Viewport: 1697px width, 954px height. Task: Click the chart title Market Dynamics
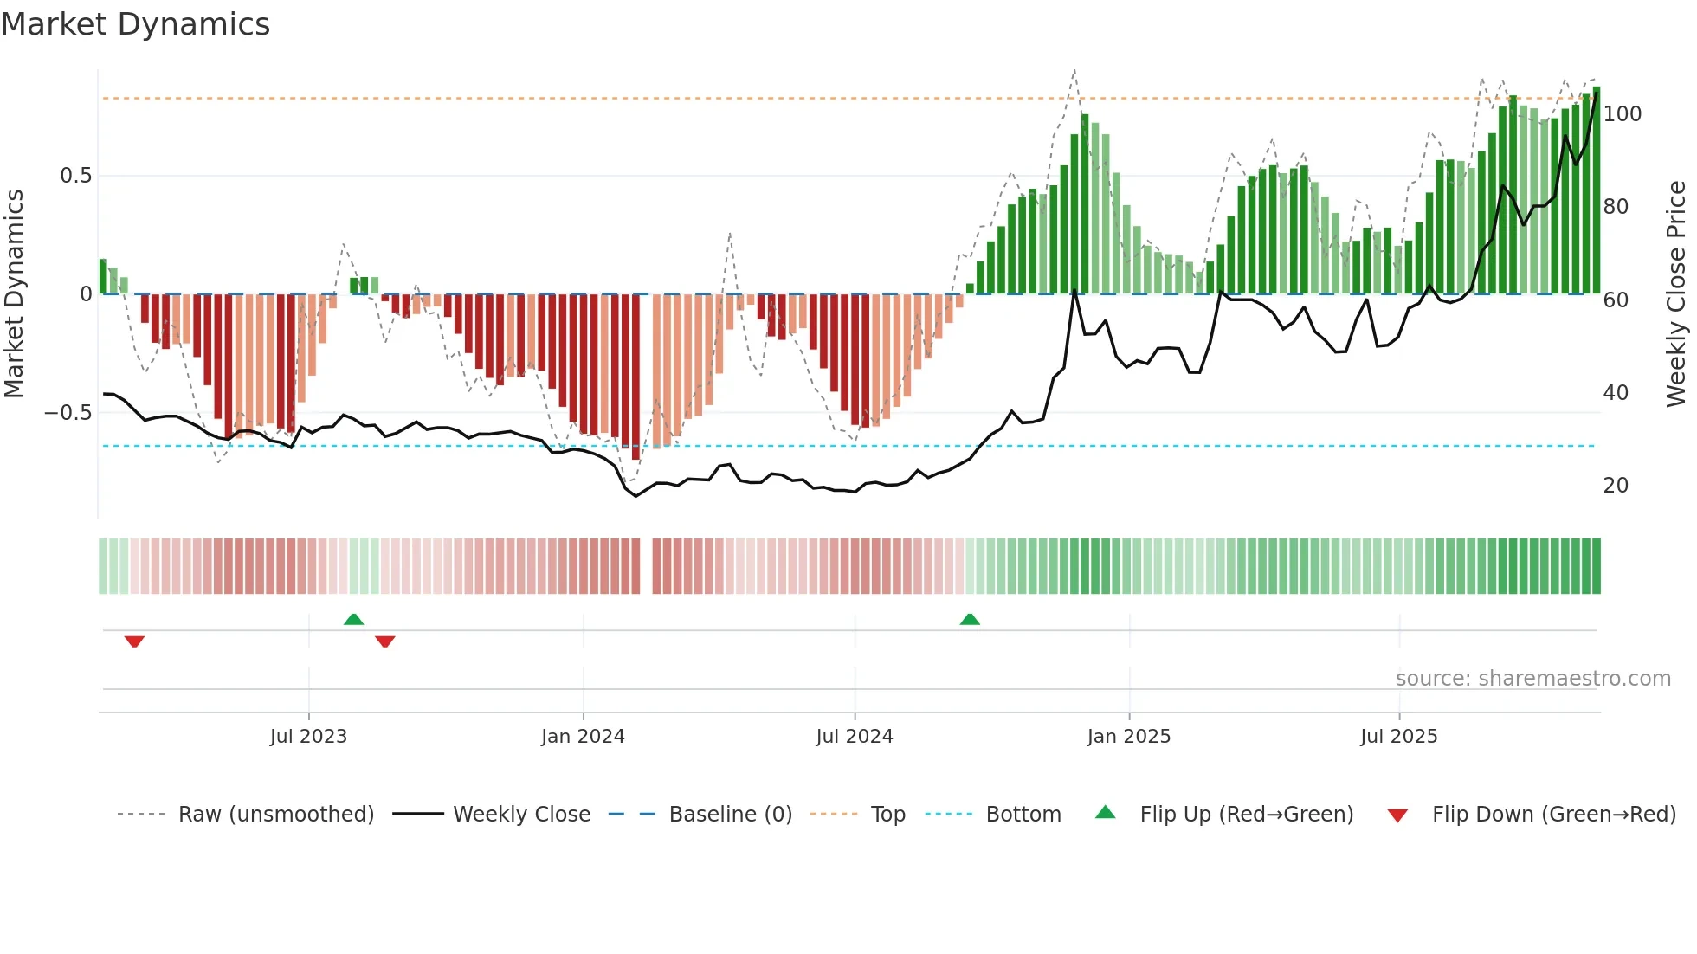pos(135,24)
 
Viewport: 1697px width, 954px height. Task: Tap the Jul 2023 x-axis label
pos(308,737)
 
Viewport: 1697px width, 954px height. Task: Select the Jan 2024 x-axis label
pos(583,737)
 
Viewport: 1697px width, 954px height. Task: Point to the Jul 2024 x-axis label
pos(855,737)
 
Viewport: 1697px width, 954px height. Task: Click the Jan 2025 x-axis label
pos(1129,737)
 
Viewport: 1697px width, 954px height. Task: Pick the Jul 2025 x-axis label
pos(1399,737)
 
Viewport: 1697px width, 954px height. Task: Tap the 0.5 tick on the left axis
pos(75,176)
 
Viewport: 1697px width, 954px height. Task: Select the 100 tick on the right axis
pos(1623,114)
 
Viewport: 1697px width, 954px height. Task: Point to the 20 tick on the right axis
pos(1616,486)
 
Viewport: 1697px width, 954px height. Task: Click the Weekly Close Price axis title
pos(1676,294)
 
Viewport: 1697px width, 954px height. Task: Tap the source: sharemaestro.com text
pos(1533,679)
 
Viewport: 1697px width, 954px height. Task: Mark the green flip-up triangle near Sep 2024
pos(970,619)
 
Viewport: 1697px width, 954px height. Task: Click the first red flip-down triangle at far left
pos(134,641)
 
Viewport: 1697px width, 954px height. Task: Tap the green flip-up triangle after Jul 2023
pos(353,619)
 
